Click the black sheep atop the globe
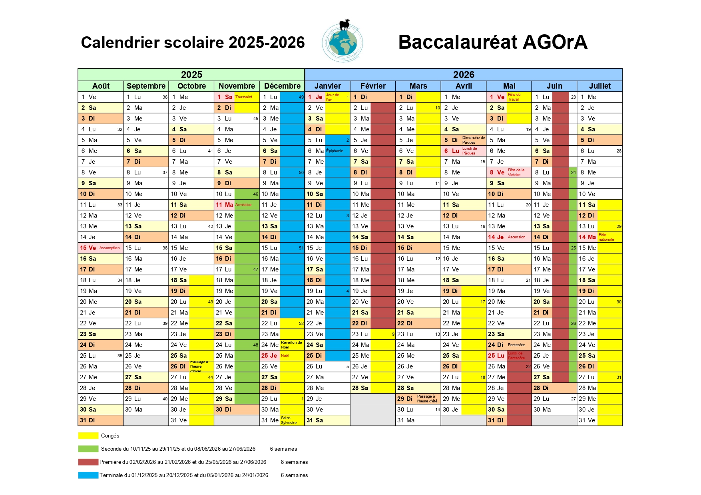[345, 25]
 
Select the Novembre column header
[237, 86]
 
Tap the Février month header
[373, 86]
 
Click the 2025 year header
[191, 75]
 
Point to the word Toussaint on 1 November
[244, 97]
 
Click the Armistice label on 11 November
[243, 205]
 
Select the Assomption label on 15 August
[110, 248]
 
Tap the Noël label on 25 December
[285, 356]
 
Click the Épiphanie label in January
[335, 151]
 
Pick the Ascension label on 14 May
[516, 237]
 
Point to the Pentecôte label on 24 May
[516, 345]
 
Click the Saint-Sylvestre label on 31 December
[289, 420]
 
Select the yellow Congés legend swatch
[88, 436]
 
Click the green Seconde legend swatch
[88, 449]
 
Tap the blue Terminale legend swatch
[88, 475]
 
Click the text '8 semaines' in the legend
[294, 462]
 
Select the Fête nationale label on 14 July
[606, 237]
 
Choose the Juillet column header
[599, 86]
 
